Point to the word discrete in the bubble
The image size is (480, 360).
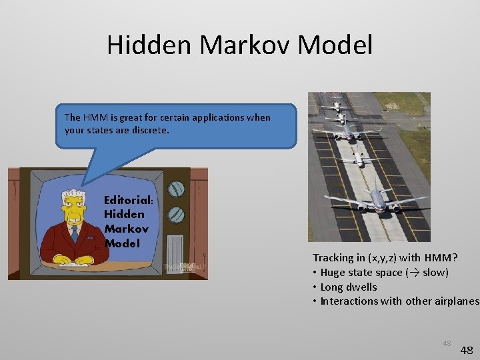pos(151,130)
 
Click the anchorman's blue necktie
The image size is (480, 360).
pos(75,233)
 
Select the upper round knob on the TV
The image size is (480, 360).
pos(176,189)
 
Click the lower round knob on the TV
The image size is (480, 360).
pos(176,215)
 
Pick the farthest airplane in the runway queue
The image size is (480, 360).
pos(338,105)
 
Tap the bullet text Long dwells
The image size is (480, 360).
pos(349,287)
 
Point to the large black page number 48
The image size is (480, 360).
pos(466,350)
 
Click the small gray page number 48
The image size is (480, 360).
pos(447,343)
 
